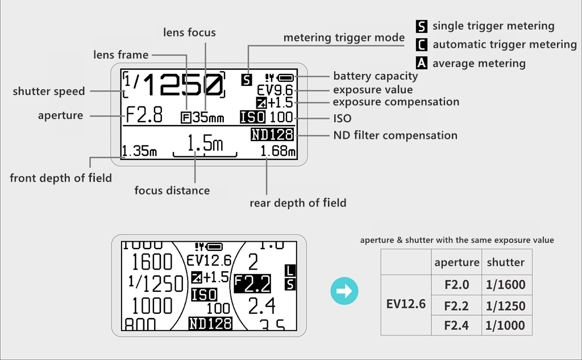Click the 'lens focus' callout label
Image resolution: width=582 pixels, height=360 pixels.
pos(189,32)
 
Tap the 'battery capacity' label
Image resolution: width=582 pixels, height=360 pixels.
pos(375,76)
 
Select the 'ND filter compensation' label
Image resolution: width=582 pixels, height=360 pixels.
pos(395,135)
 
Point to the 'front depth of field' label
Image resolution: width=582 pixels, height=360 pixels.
pos(61,178)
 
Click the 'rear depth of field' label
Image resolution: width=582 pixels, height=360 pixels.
pos(298,203)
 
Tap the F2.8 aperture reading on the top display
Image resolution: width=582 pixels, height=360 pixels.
pos(144,115)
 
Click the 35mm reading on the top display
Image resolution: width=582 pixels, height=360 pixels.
pos(208,118)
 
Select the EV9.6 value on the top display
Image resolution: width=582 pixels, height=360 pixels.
pos(275,90)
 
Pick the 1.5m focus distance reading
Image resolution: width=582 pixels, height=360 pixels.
pos(205,144)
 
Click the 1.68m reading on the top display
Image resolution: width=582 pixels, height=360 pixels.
pos(278,151)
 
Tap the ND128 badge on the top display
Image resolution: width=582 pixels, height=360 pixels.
pos(272,135)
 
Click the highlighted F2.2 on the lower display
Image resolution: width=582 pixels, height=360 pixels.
pos(252,283)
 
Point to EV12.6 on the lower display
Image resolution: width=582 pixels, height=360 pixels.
pos(209,260)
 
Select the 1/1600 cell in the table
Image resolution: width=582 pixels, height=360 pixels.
pos(505,285)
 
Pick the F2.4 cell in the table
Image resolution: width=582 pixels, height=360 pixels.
pos(456,325)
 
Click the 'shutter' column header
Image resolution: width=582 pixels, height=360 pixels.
pos(505,262)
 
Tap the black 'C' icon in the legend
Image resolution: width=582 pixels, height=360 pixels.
pos(422,44)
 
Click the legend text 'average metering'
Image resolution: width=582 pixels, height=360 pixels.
pos(479,63)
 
